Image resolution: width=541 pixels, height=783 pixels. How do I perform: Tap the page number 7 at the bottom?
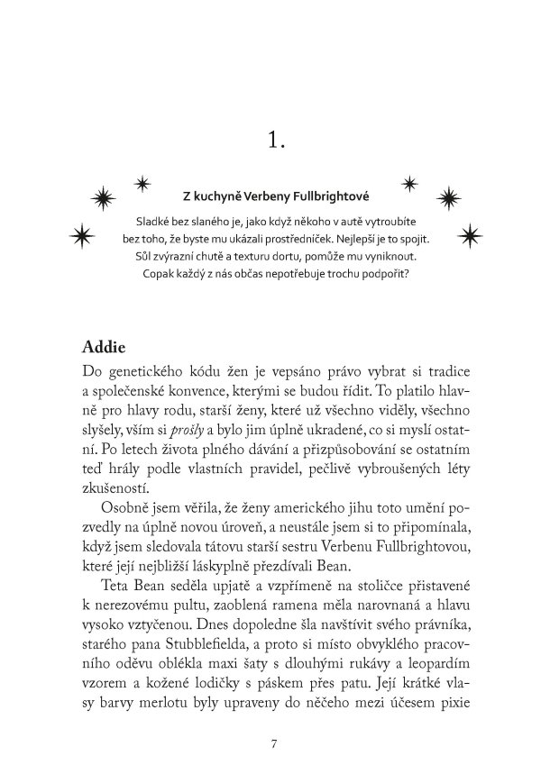(x=272, y=743)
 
